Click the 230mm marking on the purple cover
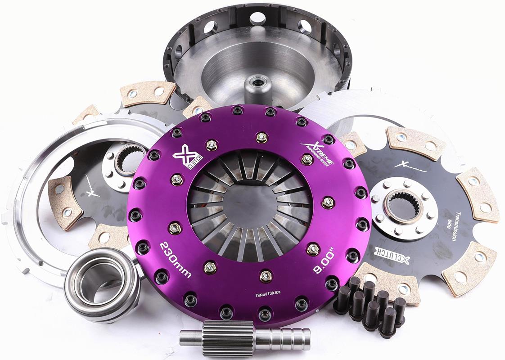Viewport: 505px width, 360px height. click(x=176, y=260)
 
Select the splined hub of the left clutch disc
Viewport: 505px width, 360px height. click(x=128, y=159)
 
